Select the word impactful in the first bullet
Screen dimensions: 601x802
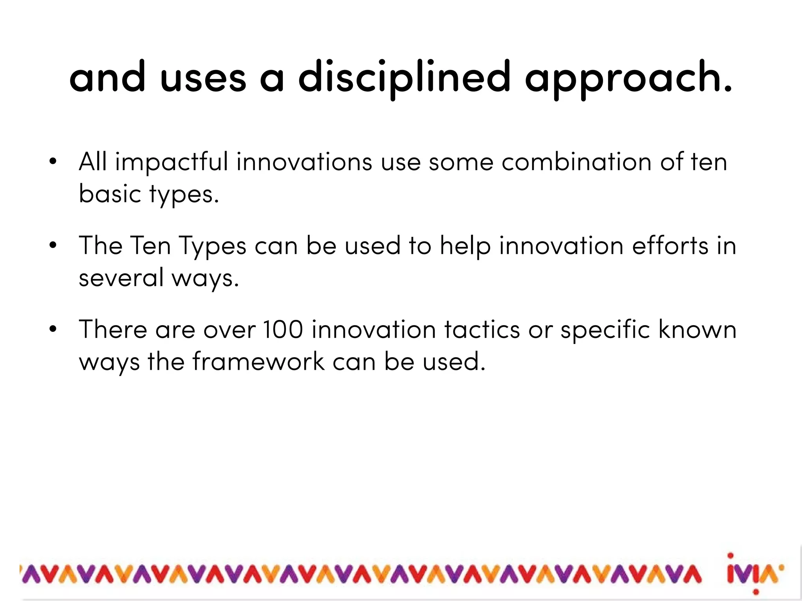coord(171,162)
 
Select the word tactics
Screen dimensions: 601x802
coord(482,329)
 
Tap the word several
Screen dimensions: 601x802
coord(121,277)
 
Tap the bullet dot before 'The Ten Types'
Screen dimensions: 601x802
coord(53,246)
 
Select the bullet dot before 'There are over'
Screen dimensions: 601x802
coord(53,329)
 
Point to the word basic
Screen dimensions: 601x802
coord(110,194)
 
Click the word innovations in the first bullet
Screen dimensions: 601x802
coord(304,162)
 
